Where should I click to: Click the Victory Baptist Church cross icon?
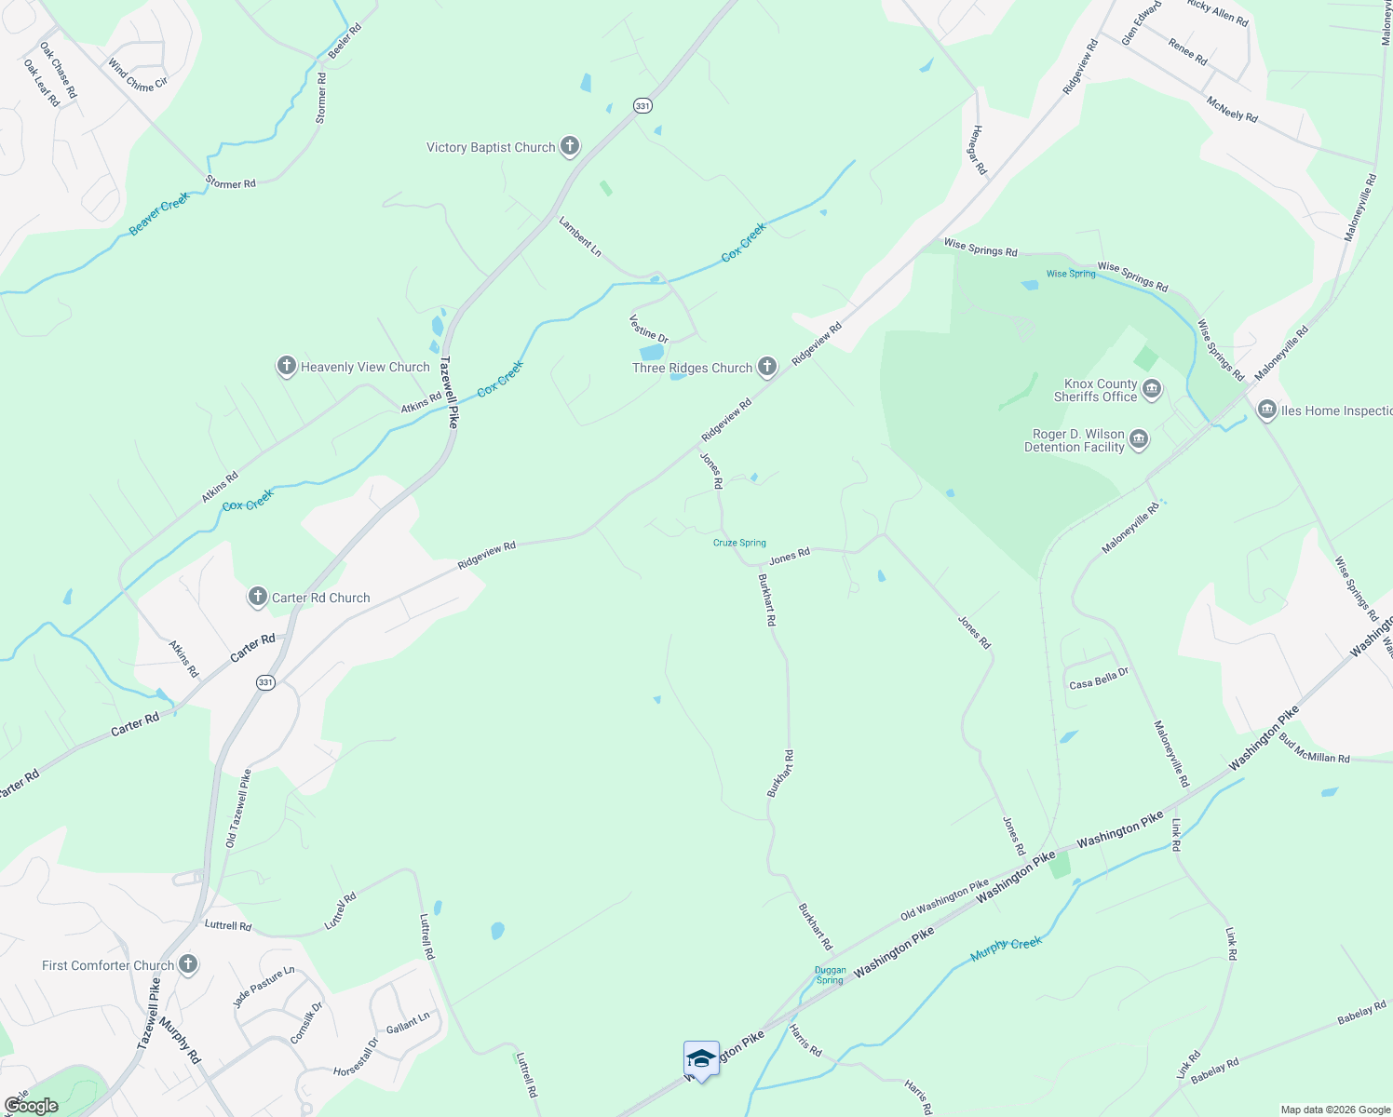point(570,146)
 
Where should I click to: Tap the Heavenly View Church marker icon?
point(287,366)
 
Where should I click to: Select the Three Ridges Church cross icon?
point(767,367)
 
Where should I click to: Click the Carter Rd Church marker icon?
point(258,597)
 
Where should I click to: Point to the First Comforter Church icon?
point(188,964)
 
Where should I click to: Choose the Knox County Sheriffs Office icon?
point(1152,389)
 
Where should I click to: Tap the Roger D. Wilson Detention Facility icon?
point(1139,439)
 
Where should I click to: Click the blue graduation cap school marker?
point(701,1059)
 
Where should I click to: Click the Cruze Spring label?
point(739,543)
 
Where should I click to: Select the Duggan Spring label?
point(830,975)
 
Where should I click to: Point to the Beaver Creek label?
point(159,214)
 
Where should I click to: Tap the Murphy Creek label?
point(1006,949)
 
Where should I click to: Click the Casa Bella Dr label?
point(1099,680)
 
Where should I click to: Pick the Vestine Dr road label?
point(649,329)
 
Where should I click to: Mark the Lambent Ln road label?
point(580,236)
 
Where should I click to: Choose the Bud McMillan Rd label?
point(1314,751)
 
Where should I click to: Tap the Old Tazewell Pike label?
point(238,808)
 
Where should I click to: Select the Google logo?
point(31,1106)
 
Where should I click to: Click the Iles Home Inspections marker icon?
point(1266,410)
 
